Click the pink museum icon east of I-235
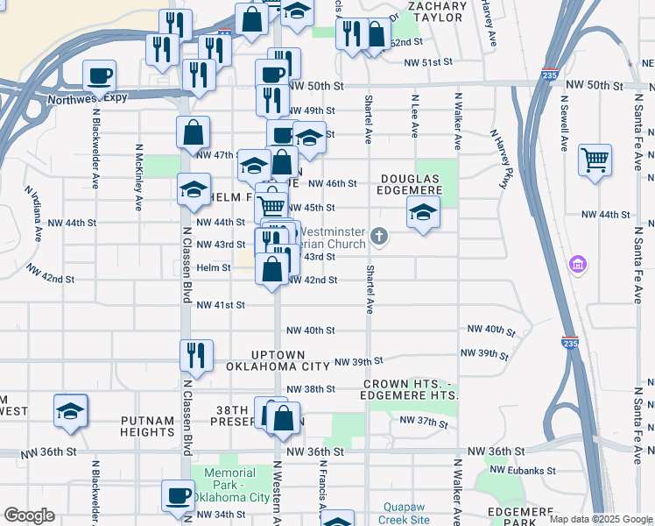577,264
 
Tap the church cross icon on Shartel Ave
379,235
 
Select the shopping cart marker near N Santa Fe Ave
595,160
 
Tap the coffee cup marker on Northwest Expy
100,75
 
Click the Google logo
29,515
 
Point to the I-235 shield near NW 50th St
550,74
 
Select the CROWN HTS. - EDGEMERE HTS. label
410,390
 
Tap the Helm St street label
213,267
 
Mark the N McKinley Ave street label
139,178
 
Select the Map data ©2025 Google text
601,519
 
